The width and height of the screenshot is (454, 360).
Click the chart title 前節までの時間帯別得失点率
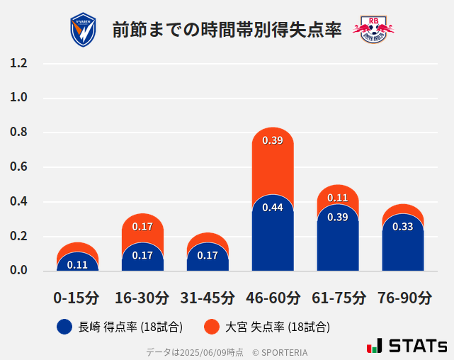(227, 30)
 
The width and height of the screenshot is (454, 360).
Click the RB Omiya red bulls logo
(373, 30)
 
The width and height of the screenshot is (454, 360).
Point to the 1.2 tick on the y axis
(19, 63)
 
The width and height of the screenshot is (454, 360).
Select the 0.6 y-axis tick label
(19, 167)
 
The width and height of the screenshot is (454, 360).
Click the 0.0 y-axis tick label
(19, 271)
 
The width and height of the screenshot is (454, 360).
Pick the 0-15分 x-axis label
(77, 298)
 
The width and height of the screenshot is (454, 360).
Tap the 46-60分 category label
(273, 298)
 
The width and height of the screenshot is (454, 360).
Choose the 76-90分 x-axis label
(403, 298)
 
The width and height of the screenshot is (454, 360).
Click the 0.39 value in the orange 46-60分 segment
(273, 140)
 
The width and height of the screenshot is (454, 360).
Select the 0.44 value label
(273, 208)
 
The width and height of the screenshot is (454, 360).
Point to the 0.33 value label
(403, 227)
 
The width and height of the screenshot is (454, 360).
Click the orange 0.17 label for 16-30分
(142, 227)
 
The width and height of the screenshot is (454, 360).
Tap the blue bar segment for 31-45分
(208, 259)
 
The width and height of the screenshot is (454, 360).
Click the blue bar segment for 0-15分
(77, 264)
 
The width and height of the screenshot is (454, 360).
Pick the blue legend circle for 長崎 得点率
(64, 327)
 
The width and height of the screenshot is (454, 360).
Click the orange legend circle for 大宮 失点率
(211, 327)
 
